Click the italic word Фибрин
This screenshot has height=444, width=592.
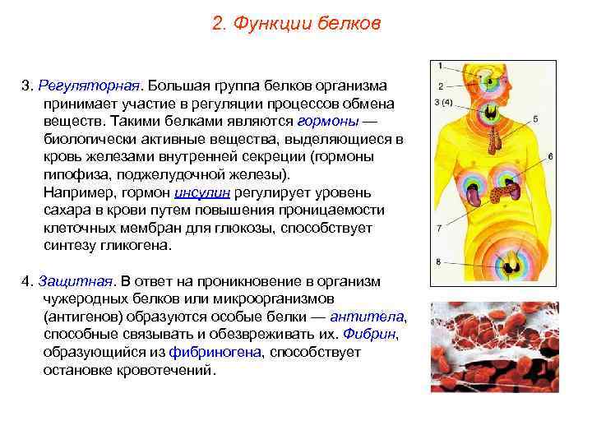(372, 334)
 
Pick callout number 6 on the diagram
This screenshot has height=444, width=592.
(550, 155)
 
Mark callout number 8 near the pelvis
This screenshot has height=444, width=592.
(439, 261)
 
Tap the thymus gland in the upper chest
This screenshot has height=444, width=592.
(493, 142)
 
